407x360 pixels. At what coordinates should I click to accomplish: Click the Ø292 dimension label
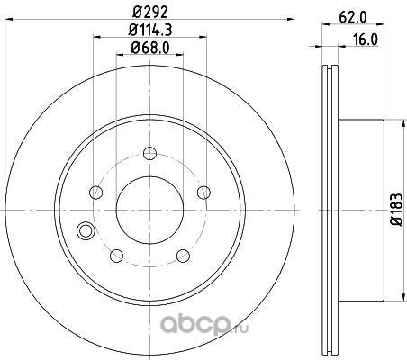tap(149, 13)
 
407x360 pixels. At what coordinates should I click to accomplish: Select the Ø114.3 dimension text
tap(150, 30)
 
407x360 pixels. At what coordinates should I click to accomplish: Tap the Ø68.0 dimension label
tap(150, 48)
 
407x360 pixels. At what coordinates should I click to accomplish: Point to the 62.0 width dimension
tap(353, 18)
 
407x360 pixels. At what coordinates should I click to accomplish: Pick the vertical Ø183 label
tap(396, 210)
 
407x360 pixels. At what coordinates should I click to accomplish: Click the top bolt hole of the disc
tap(149, 154)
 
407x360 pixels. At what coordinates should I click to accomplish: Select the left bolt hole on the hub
tap(96, 193)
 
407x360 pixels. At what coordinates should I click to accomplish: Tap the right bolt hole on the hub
tap(203, 193)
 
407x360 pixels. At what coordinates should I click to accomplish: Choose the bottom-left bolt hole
tap(117, 256)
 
